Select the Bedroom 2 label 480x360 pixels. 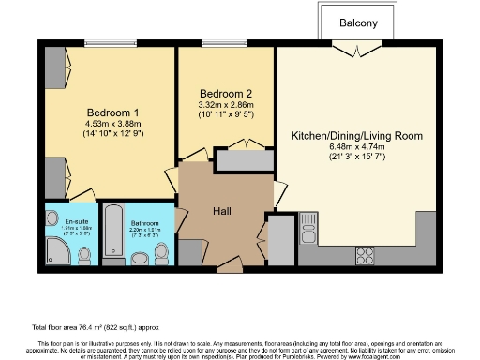[x=226, y=94]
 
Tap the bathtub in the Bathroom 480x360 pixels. [x=113, y=231]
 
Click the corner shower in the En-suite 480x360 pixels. [x=55, y=250]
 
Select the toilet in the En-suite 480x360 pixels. [x=84, y=254]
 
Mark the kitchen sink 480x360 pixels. [x=308, y=224]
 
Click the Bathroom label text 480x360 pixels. [x=145, y=221]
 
